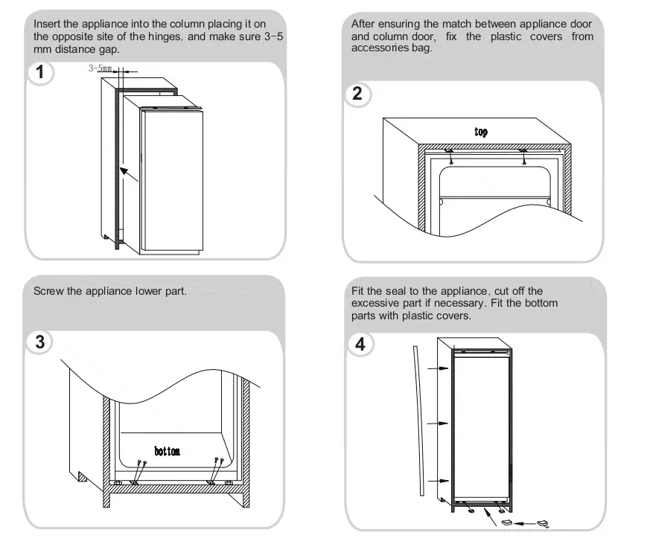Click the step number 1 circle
coord(40,72)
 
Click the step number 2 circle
coord(357,94)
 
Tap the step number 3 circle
coord(39,342)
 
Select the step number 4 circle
coord(360,344)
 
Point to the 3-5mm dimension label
coord(100,68)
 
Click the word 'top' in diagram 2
coord(481,132)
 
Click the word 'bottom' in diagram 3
coord(167,451)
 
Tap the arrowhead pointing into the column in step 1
coord(124,171)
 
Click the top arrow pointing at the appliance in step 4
coord(438,368)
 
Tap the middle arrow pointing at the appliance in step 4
coord(438,423)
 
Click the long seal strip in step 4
coord(419,421)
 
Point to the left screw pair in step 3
coord(138,473)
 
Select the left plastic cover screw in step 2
coord(450,157)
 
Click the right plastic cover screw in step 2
coord(523,157)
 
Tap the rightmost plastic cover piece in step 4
coord(544,524)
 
